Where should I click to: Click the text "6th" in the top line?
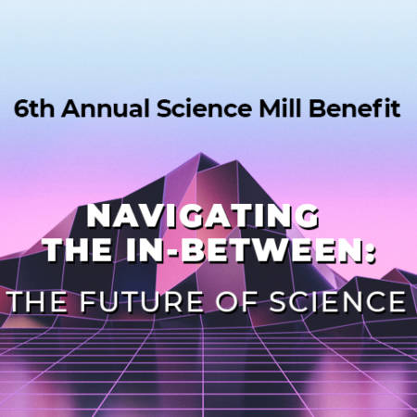click(x=34, y=108)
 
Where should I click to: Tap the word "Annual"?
click(x=106, y=108)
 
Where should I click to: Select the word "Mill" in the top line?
click(x=280, y=107)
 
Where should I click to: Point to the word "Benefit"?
click(x=355, y=107)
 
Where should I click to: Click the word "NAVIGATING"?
click(x=203, y=216)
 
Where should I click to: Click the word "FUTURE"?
click(x=142, y=301)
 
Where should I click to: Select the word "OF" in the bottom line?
click(x=236, y=301)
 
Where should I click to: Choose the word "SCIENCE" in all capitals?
click(x=338, y=301)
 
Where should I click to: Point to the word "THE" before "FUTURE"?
click(x=38, y=301)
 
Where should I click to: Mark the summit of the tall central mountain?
click(x=201, y=153)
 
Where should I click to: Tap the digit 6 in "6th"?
click(x=20, y=108)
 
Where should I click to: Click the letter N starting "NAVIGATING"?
click(x=97, y=216)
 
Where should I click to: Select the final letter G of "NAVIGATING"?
click(x=308, y=216)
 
